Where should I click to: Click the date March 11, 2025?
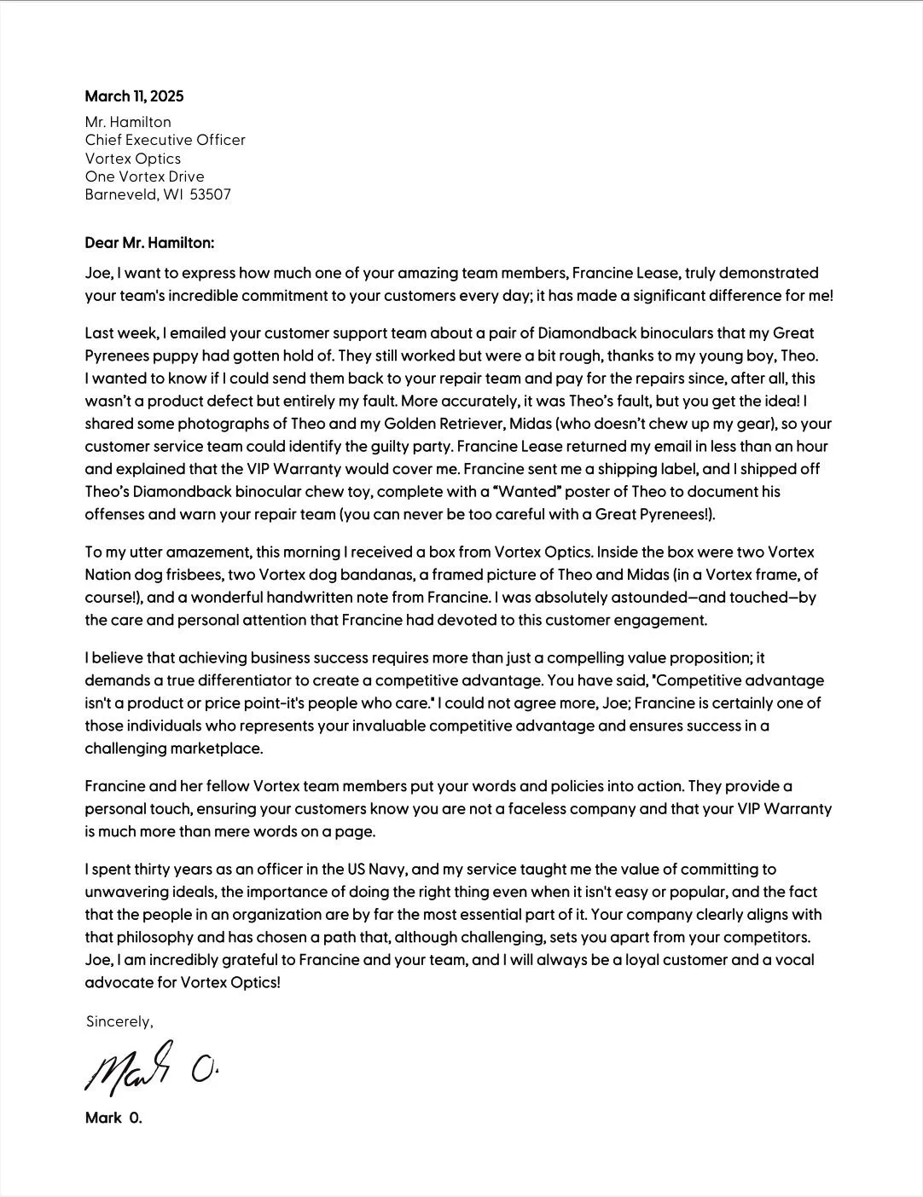point(134,96)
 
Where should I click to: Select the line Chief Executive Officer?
point(165,140)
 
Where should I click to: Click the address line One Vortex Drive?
point(144,176)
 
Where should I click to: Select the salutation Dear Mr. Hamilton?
point(149,243)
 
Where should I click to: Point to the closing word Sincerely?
point(119,1021)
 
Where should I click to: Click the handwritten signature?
point(149,1066)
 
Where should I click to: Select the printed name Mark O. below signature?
point(113,1118)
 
